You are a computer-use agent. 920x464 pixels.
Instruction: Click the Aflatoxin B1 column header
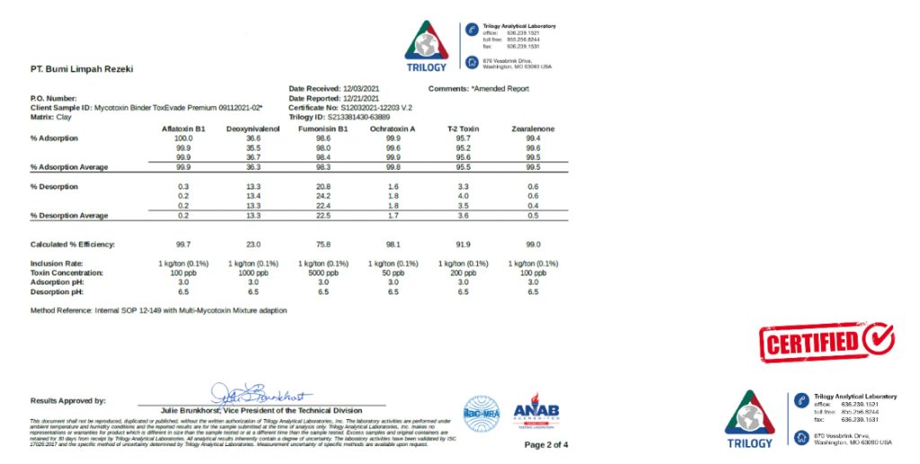[183, 128]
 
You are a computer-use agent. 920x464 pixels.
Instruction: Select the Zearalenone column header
[533, 128]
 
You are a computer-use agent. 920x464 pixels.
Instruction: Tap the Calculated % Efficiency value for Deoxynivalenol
[253, 244]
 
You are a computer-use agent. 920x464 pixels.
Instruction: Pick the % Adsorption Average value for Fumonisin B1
[323, 167]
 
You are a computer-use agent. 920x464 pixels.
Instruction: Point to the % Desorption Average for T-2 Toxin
[464, 215]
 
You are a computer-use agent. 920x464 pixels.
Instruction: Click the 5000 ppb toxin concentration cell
[323, 272]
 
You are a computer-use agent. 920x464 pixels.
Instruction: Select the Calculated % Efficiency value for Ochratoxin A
[393, 244]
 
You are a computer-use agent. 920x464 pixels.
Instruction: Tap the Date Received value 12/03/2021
[361, 89]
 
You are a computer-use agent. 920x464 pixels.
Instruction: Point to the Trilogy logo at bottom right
[748, 419]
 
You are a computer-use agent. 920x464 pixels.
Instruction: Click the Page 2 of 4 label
[545, 444]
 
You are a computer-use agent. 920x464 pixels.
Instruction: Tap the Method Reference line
[158, 311]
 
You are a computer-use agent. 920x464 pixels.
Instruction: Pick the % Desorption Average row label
[69, 215]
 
